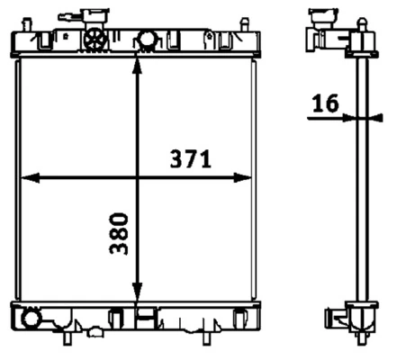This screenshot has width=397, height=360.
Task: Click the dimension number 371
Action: [191, 159]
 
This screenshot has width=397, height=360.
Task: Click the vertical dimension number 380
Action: [119, 234]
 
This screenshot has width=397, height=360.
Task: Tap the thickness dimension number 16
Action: [326, 103]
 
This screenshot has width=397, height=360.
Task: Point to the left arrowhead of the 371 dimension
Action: [31, 178]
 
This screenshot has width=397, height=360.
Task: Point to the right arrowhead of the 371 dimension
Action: [242, 178]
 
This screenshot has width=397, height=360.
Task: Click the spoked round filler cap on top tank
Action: [95, 40]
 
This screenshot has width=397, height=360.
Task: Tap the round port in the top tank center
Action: [147, 39]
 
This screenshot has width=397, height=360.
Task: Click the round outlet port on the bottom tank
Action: [31, 319]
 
